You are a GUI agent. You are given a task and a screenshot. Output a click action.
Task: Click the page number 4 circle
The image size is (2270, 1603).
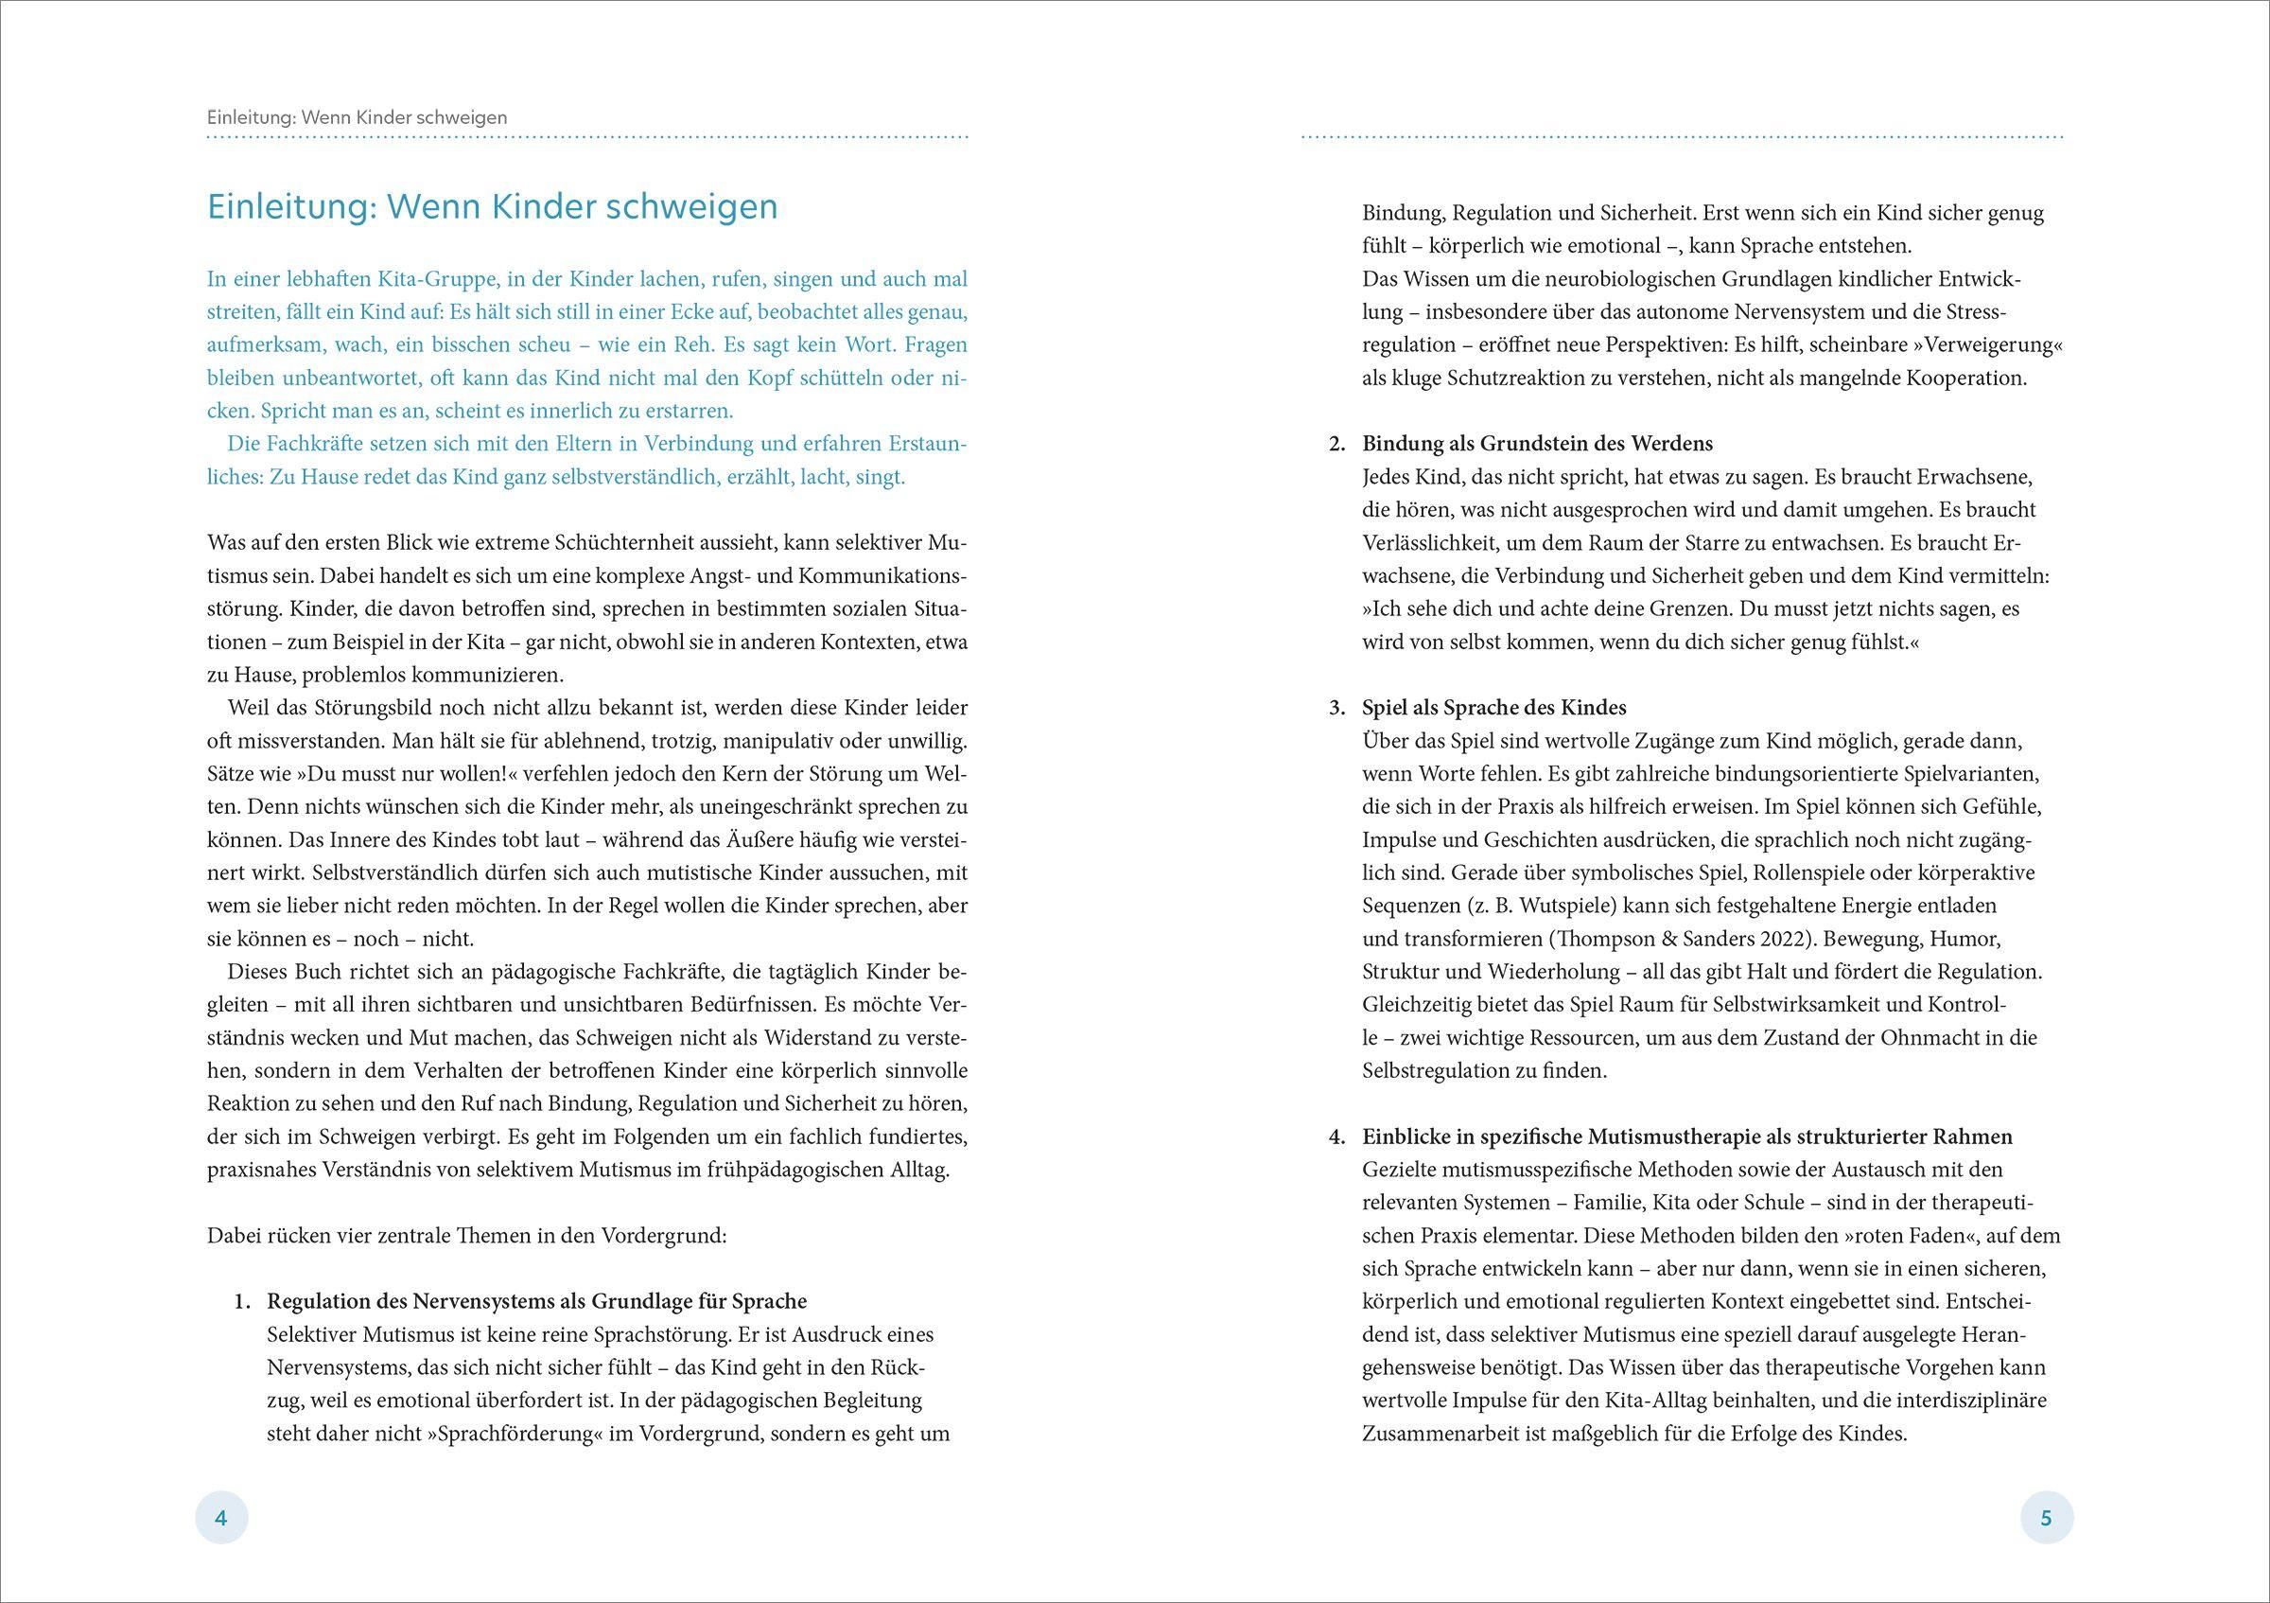coord(221,1518)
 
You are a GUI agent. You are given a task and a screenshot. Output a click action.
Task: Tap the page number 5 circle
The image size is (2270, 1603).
coord(2046,1518)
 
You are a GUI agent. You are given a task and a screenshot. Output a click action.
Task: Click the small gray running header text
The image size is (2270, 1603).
coord(357,116)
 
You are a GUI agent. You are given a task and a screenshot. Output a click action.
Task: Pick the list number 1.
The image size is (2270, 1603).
coord(242,1301)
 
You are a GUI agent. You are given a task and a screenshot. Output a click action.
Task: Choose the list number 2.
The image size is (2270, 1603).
coord(1336,443)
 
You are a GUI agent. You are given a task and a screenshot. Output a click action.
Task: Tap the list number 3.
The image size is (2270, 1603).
coord(1336,708)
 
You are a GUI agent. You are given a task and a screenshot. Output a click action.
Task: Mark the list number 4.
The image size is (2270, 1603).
coord(1336,1137)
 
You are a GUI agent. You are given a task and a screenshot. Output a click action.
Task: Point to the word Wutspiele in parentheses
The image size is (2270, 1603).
coord(1535,906)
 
